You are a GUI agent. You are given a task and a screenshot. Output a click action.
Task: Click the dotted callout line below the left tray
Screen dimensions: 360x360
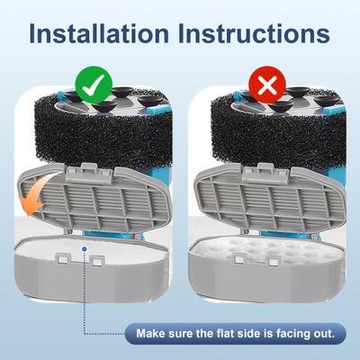tap(85, 288)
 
